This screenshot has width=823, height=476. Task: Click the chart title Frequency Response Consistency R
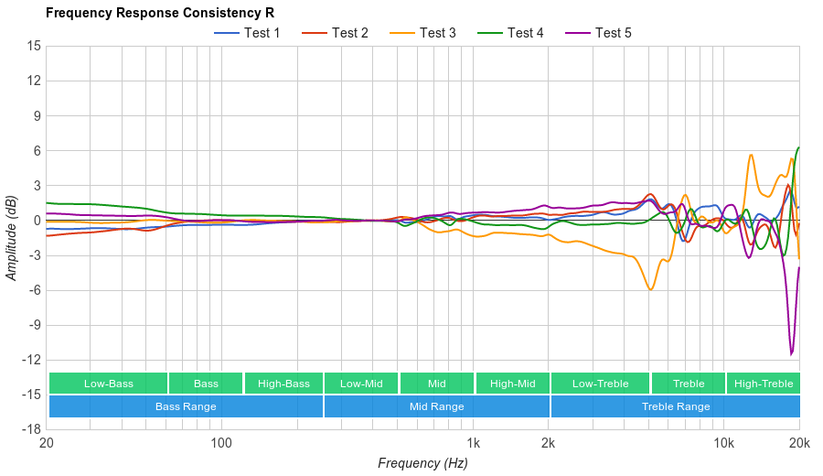[159, 13]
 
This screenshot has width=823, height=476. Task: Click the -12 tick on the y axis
[31, 360]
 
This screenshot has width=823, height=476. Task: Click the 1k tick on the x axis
[473, 443]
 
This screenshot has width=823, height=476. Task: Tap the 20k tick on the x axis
[798, 443]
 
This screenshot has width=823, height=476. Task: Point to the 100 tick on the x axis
[220, 443]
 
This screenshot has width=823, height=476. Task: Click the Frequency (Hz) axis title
[422, 463]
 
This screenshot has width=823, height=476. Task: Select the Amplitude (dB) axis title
[11, 237]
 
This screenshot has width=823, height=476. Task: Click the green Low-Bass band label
[108, 384]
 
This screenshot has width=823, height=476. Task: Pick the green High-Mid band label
[512, 384]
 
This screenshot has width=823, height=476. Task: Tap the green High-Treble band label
[764, 384]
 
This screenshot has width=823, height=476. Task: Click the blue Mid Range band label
[436, 406]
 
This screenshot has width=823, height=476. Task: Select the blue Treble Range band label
[676, 406]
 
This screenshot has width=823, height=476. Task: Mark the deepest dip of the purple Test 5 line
[792, 354]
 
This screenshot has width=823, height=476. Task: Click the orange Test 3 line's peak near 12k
[751, 155]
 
